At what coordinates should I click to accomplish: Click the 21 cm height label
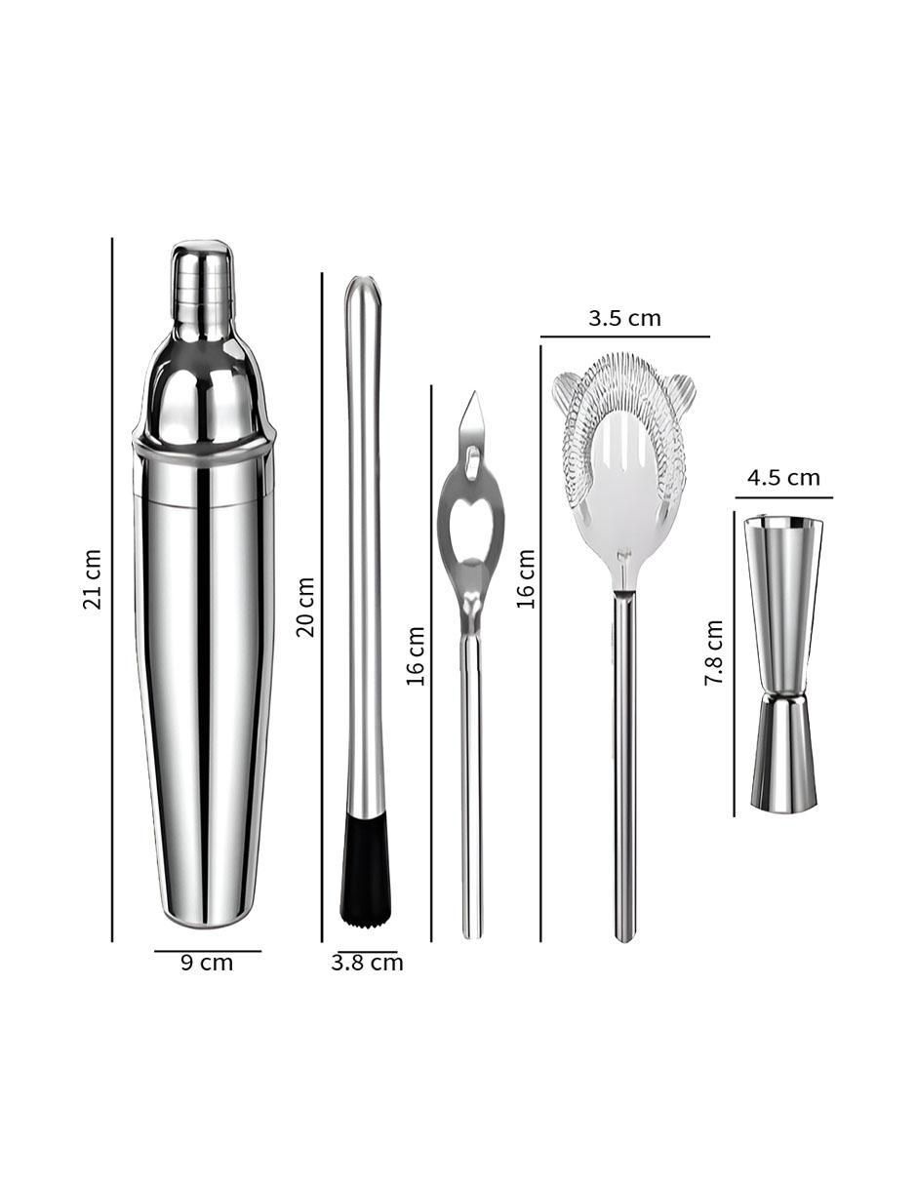93,578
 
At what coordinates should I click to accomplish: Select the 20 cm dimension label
305,607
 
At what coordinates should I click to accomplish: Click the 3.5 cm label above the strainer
624,318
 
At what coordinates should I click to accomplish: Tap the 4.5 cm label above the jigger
783,478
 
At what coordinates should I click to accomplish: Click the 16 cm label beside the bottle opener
415,656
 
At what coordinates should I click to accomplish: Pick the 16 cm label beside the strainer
525,578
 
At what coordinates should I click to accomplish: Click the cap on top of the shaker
202,274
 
